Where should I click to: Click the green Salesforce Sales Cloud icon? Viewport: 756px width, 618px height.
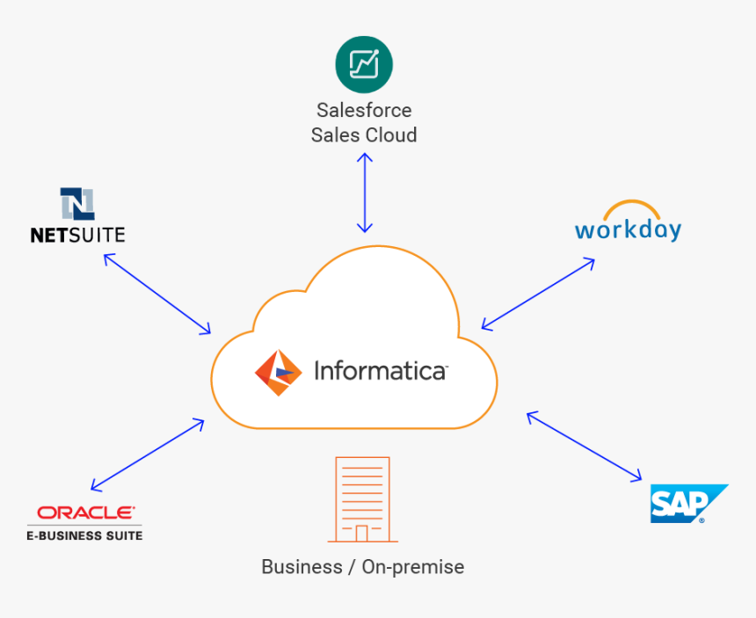click(x=364, y=64)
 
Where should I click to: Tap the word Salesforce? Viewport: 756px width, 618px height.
click(x=364, y=111)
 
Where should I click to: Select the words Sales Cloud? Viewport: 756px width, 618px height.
click(x=364, y=135)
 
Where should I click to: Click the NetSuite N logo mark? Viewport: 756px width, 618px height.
click(x=77, y=204)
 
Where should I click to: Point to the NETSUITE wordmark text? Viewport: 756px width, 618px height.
click(x=77, y=236)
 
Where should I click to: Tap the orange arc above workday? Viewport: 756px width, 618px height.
click(x=628, y=209)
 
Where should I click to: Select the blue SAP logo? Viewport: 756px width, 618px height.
click(x=688, y=504)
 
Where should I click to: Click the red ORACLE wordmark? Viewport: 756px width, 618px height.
click(x=85, y=513)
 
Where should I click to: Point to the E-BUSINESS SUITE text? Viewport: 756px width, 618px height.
click(x=85, y=534)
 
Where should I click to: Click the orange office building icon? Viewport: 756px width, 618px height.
click(x=362, y=498)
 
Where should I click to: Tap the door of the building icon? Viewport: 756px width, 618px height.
click(x=362, y=533)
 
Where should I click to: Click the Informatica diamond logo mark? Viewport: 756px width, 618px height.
click(x=278, y=373)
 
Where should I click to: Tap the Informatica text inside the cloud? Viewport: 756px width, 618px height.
click(x=380, y=372)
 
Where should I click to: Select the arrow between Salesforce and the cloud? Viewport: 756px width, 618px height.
click(x=364, y=193)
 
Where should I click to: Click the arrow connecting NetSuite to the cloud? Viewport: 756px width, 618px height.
click(x=157, y=294)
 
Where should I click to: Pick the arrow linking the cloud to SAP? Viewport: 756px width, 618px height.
click(x=584, y=446)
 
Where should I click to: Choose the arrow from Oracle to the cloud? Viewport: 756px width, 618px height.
click(x=148, y=454)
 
